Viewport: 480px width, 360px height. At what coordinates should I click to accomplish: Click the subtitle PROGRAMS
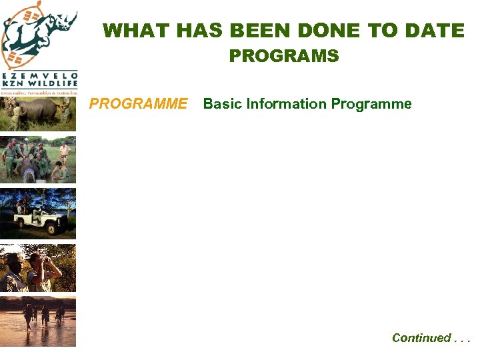[x=284, y=56]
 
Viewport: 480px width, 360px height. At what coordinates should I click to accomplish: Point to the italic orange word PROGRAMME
[x=139, y=104]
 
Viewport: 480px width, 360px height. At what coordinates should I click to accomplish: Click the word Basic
[x=223, y=104]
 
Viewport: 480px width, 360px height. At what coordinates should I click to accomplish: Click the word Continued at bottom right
[x=421, y=338]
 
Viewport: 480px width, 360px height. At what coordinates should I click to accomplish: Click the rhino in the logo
[x=50, y=30]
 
